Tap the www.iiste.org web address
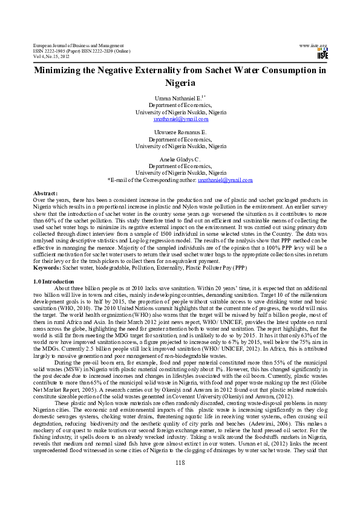313,46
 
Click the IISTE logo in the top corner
322,54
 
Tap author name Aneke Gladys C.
180,158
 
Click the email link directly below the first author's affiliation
180,119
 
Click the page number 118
180,480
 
